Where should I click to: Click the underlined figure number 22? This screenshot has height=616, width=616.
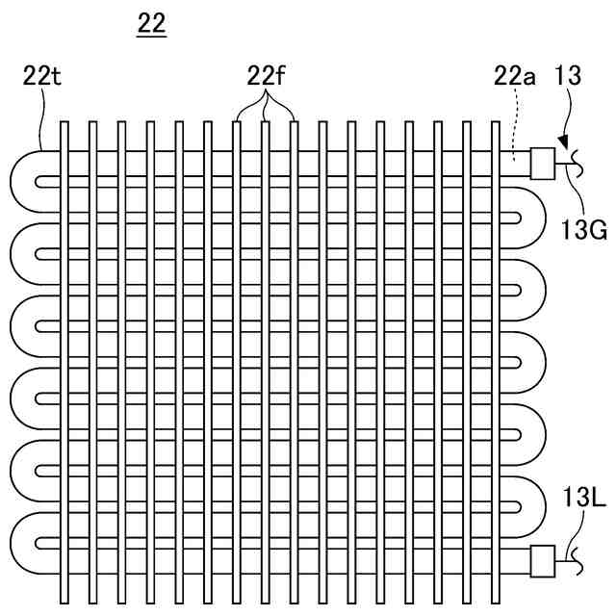pos(151,26)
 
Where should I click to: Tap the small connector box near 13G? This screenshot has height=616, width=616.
pos(544,163)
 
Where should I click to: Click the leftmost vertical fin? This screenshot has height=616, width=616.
pos(64,356)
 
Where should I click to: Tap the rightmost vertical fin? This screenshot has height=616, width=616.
pos(497,356)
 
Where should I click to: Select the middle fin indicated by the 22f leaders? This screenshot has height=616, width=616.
pos(267,356)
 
